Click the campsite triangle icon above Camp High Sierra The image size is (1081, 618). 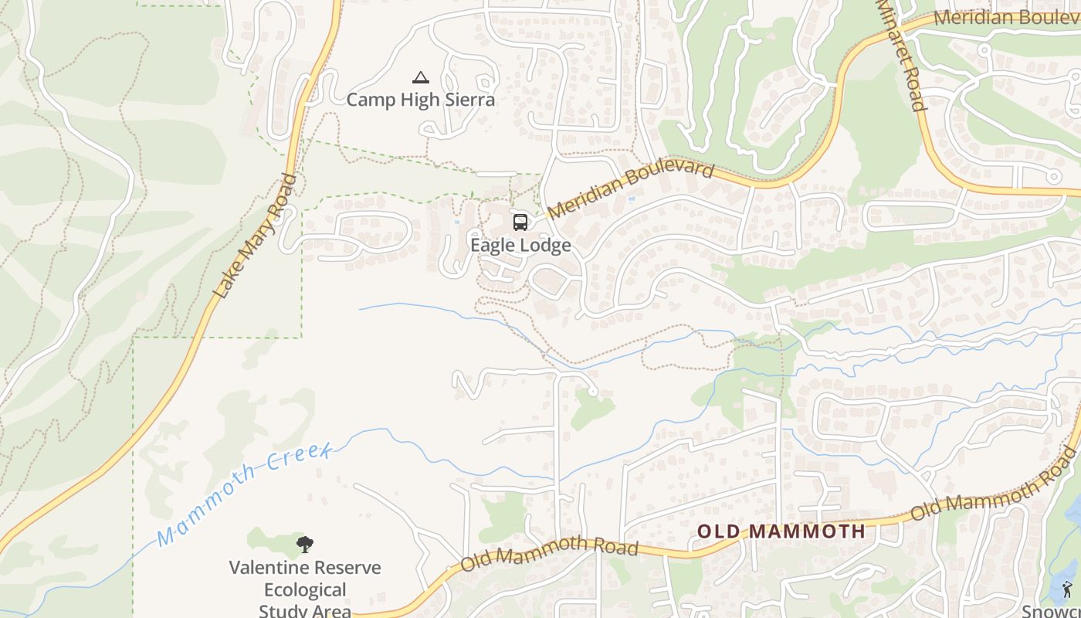420,77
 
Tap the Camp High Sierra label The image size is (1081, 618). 420,100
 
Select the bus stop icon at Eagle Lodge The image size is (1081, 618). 520,222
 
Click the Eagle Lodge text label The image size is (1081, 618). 521,246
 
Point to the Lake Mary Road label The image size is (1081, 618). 256,237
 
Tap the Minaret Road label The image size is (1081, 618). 901,56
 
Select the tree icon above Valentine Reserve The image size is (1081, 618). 305,544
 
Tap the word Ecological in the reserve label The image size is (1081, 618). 305,590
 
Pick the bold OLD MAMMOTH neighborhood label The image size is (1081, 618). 781,531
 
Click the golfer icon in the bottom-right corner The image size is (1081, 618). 1067,590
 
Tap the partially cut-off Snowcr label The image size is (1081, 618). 1051,610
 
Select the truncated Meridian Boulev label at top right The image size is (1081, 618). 1006,17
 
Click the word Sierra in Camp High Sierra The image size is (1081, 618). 469,100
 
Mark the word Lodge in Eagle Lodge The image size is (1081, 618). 545,246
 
